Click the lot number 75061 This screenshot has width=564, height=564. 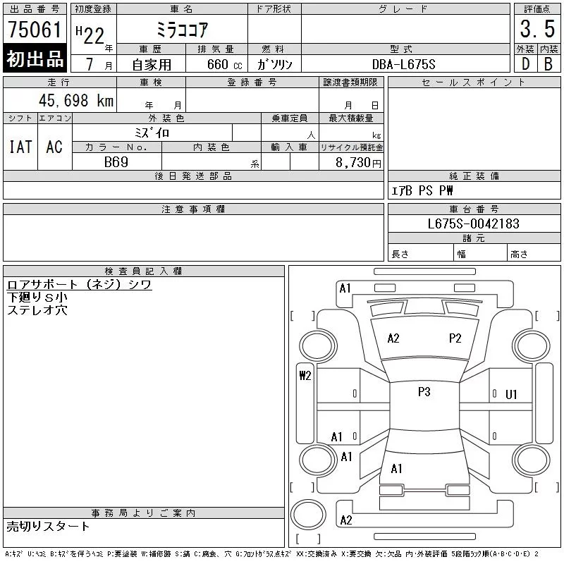pos(35,31)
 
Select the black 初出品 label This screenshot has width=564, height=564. pos(35,59)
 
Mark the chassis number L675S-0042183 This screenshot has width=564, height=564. pos(474,224)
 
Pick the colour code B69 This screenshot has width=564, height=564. pos(116,162)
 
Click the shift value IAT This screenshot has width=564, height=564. pos(20,147)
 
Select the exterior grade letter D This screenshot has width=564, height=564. pos(525,64)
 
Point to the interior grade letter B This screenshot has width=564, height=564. pos(548,64)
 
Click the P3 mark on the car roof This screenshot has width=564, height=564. pos(424,392)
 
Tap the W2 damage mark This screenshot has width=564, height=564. pos(305,376)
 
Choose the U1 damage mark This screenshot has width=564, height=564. pos(511,394)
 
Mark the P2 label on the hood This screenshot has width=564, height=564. pos(455,338)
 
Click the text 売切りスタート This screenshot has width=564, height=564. pos(49,526)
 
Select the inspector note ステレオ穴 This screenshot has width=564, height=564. pos(37,309)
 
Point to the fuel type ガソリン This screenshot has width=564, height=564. pos(275,64)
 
